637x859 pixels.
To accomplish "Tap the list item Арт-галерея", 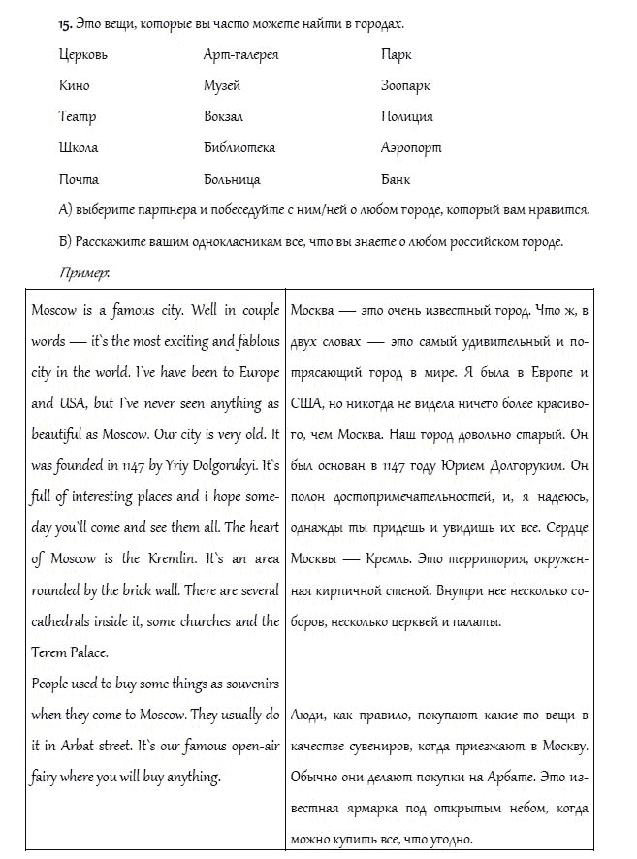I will [240, 55].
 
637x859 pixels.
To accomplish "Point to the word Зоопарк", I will [405, 86].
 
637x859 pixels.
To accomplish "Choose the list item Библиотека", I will [239, 148].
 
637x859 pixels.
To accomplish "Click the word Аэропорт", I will [411, 148].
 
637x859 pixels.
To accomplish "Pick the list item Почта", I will [78, 179].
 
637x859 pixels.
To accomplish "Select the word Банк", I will [396, 179].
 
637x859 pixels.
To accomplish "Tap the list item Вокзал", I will [223, 117].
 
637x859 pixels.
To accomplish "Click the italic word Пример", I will [84, 272].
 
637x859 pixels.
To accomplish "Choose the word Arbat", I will [90, 746].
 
